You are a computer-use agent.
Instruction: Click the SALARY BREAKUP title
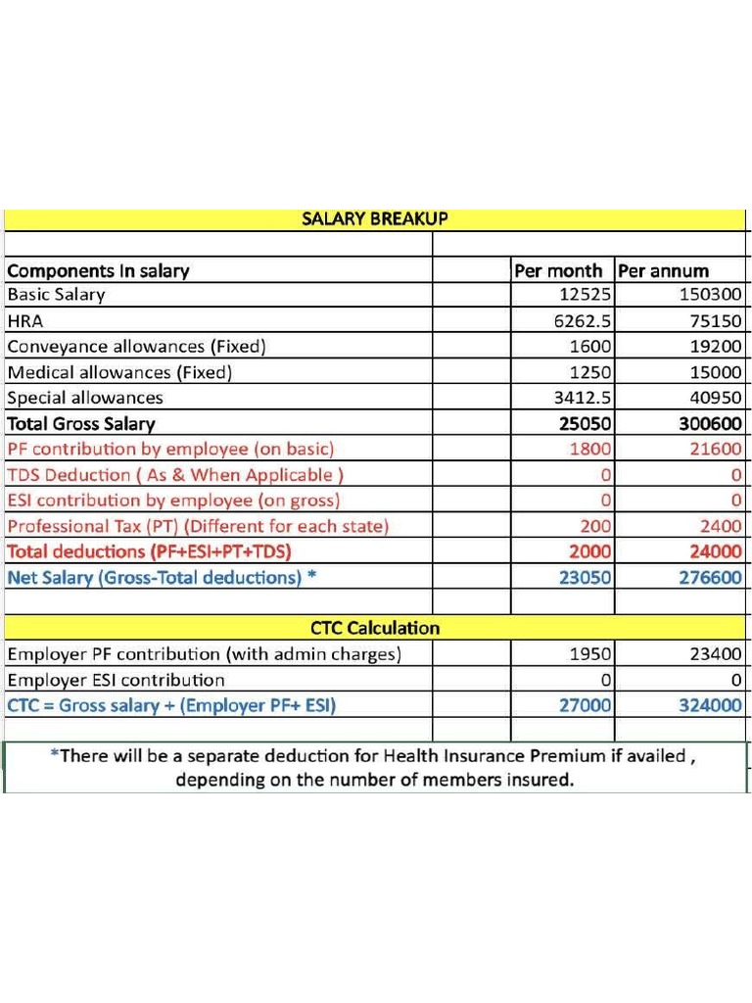pos(374,219)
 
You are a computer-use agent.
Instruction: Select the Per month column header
pos(558,271)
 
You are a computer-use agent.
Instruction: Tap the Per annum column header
pos(663,271)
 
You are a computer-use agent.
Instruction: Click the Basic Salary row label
pos(56,295)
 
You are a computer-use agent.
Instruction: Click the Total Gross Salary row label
pos(81,424)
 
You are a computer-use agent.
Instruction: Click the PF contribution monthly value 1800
pos(590,449)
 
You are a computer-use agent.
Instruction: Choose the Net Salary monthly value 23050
pos(585,578)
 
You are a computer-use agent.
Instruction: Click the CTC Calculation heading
pos(374,628)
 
